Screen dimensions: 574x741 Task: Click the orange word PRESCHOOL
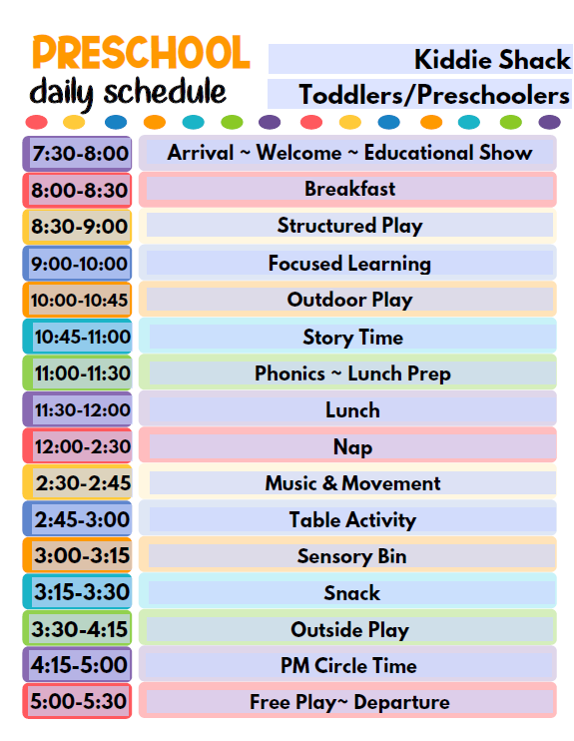tap(141, 53)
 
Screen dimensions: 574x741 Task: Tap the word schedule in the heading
tap(165, 91)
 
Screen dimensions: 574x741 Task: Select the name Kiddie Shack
tap(492, 60)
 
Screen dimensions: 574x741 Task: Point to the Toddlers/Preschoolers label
tap(434, 95)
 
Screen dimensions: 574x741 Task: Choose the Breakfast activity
tap(350, 189)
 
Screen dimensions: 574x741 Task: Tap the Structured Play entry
tap(350, 226)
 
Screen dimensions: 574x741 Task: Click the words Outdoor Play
tap(350, 300)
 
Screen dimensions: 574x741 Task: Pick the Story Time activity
tap(353, 338)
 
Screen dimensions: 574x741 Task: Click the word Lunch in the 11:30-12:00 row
tap(353, 410)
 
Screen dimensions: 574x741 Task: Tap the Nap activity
tap(353, 447)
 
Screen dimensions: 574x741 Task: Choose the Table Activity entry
tap(353, 520)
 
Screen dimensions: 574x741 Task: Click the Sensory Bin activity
tap(352, 556)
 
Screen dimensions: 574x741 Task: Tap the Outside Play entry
tap(350, 630)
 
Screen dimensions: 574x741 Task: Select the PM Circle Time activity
tap(348, 666)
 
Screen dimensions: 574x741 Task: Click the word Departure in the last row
tap(402, 702)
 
